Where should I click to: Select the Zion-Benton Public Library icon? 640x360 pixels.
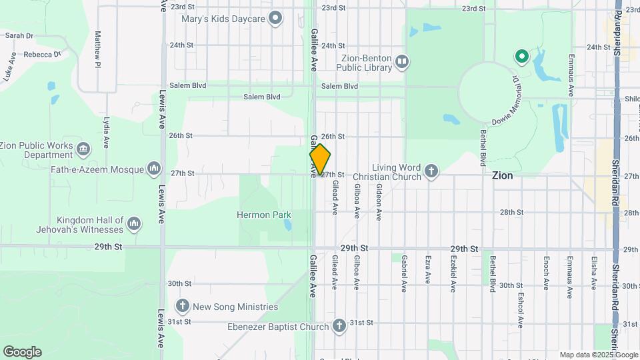pyautogui.click(x=401, y=63)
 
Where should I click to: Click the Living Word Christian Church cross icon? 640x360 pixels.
pyautogui.click(x=431, y=172)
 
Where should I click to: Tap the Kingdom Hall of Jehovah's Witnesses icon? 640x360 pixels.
pyautogui.click(x=134, y=223)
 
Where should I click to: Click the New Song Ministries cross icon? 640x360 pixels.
pyautogui.click(x=183, y=307)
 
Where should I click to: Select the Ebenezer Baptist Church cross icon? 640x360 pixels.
pyautogui.click(x=339, y=326)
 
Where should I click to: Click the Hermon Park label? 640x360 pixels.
pyautogui.click(x=264, y=215)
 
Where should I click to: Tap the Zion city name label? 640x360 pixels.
pyautogui.click(x=502, y=176)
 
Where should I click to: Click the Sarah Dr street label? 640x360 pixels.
pyautogui.click(x=19, y=35)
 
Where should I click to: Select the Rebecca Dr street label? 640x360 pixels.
pyautogui.click(x=42, y=54)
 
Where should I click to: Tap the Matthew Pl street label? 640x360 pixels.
pyautogui.click(x=98, y=49)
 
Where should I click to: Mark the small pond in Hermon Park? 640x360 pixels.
pyautogui.click(x=287, y=225)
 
